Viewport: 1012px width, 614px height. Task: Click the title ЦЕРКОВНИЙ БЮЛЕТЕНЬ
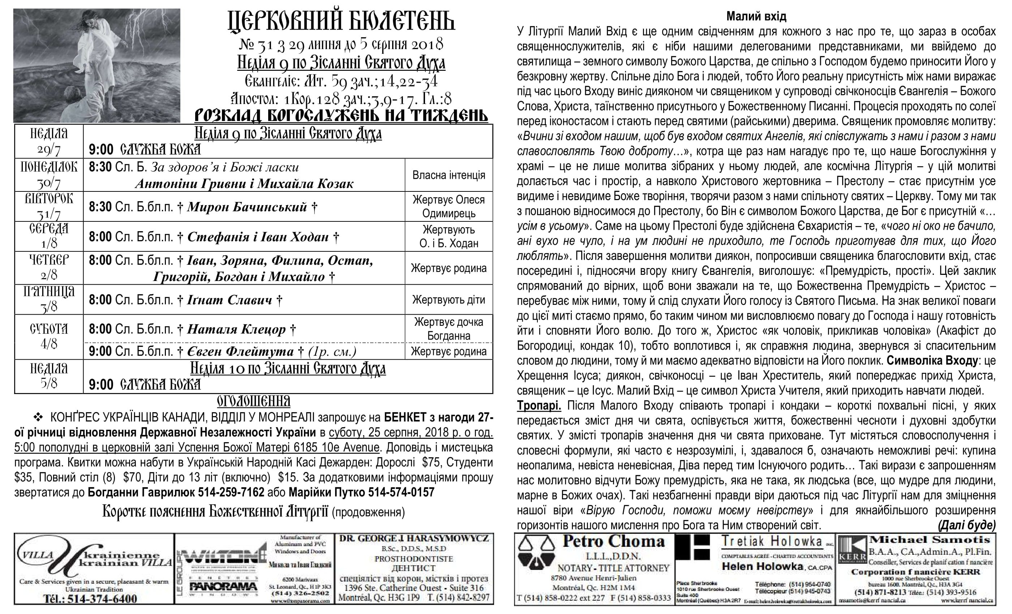point(341,21)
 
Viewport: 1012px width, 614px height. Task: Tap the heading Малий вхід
point(756,16)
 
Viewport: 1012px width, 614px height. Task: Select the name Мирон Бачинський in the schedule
point(247,207)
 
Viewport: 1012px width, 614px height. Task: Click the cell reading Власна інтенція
point(449,175)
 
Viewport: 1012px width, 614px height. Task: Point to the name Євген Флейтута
point(240,352)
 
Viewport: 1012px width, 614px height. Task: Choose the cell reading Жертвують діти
point(449,300)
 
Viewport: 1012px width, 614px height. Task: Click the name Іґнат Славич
point(230,300)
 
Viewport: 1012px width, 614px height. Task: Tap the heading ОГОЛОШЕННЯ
point(253,401)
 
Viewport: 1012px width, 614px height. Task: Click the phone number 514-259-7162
point(231,493)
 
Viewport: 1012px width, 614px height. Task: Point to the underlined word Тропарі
point(539,406)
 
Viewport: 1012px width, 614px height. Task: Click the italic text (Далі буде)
point(967,526)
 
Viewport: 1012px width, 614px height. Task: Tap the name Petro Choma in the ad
point(613,542)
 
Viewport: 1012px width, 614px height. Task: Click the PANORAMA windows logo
point(223,586)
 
